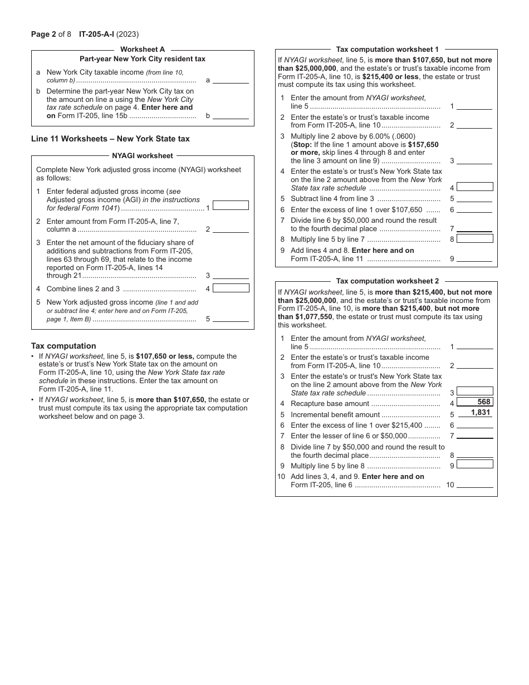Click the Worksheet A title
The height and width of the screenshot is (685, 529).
tap(143, 50)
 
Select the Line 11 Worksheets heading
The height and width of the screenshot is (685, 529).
tap(110, 139)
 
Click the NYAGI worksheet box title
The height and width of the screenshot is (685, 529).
tap(143, 156)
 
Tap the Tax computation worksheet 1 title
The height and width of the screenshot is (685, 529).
tap(387, 50)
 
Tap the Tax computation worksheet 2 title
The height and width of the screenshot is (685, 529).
tap(387, 281)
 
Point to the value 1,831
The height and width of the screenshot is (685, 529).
tap(480, 413)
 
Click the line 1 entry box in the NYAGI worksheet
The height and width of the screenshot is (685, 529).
tap(231, 205)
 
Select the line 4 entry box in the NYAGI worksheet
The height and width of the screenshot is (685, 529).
tap(231, 288)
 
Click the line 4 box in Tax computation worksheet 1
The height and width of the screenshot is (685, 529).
tap(474, 187)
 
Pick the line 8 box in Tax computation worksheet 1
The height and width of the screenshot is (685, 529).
tap(474, 239)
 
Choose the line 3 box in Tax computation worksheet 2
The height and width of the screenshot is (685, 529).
tap(474, 392)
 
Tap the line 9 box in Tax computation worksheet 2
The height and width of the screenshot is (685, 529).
tap(474, 464)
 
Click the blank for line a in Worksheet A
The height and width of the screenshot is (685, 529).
tap(231, 80)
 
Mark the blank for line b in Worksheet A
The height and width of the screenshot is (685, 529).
tap(231, 115)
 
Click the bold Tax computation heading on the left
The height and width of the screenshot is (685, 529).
tap(63, 346)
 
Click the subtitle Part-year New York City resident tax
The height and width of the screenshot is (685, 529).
tap(143, 59)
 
